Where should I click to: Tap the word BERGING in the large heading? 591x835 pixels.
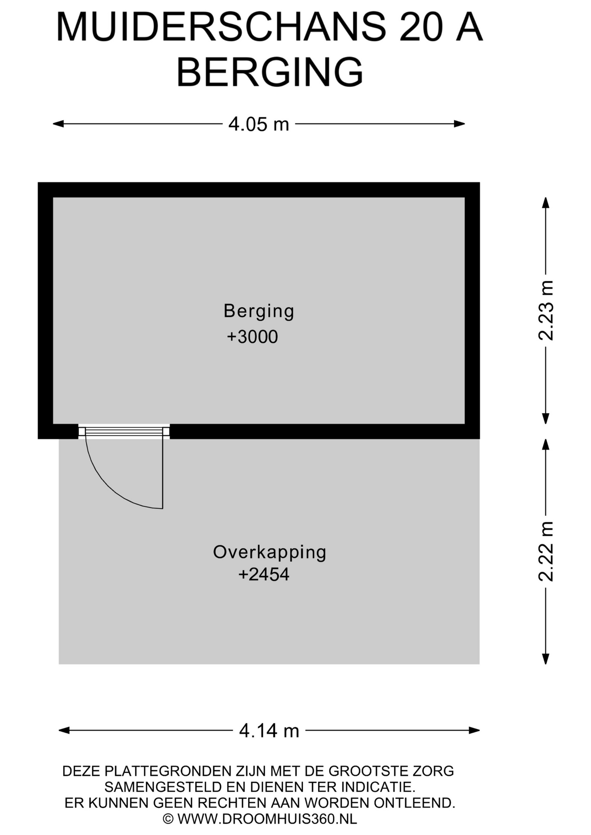tap(270, 72)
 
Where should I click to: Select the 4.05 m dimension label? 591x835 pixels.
tap(259, 124)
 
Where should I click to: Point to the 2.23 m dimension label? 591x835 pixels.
tap(546, 310)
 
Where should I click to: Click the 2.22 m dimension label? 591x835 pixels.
tap(546, 551)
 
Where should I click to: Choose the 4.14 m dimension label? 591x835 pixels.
tap(269, 731)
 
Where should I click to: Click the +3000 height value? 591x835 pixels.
tap(252, 337)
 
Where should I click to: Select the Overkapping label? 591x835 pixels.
tap(270, 553)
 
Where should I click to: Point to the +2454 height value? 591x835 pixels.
tap(264, 574)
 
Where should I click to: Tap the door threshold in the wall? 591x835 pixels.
tap(124, 431)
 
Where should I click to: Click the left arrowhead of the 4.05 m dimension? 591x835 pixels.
tap(58, 124)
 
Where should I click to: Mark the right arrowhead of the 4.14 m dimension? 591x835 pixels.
tap(474, 730)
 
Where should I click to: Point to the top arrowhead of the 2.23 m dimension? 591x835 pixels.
tap(546, 203)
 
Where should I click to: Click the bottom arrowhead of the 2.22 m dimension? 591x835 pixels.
tap(546, 659)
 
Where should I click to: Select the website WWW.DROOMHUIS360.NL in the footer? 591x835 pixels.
tap(267, 819)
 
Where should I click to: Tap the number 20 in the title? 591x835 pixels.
tap(421, 27)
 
